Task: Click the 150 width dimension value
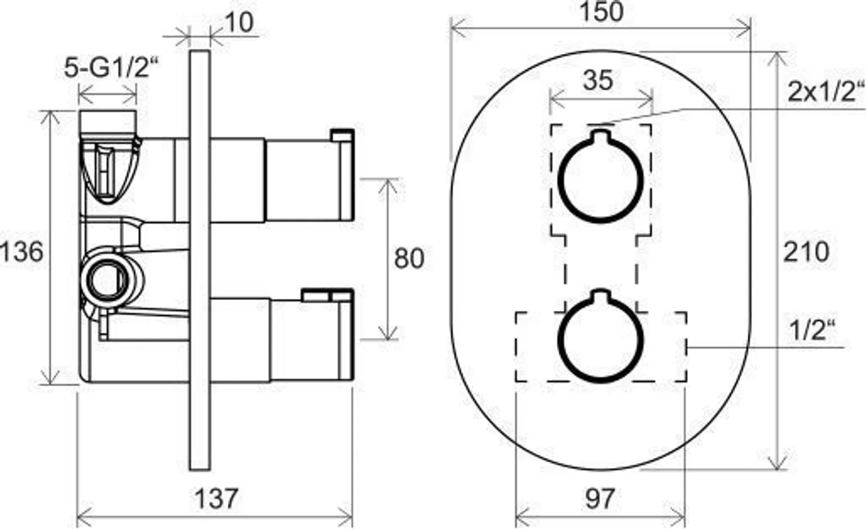pos(602,12)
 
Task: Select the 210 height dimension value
pos(806,252)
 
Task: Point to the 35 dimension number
pos(598,81)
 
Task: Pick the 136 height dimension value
pos(21,252)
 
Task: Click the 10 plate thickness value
pos(239,23)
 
